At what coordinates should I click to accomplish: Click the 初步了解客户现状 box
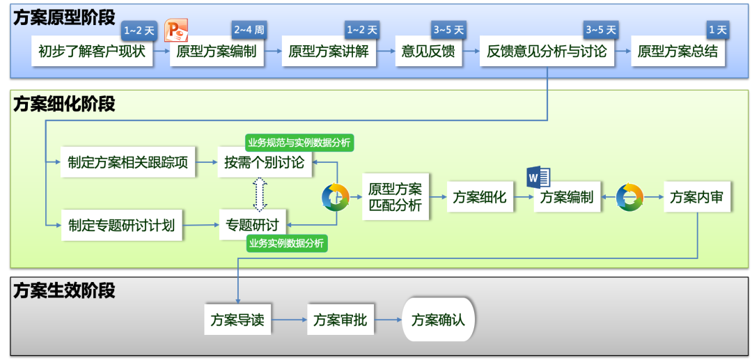[93, 52]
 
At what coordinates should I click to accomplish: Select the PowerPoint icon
[176, 31]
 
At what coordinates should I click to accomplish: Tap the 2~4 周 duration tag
[249, 31]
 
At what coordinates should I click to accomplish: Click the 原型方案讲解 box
[329, 52]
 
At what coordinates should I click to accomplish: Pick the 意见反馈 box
[428, 52]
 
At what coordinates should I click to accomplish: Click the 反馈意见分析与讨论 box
[547, 52]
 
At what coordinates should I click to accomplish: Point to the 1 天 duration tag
[717, 31]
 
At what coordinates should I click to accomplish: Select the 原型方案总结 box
[677, 52]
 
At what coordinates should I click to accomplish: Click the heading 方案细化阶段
[64, 104]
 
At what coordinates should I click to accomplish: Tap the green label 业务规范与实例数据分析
[299, 143]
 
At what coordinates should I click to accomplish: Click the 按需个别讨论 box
[265, 163]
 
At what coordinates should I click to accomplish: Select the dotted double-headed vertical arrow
[260, 194]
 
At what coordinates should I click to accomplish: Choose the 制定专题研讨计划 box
[122, 225]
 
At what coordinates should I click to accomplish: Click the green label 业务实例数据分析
[286, 243]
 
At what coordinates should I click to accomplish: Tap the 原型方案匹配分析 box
[395, 197]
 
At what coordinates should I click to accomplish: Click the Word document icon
[538, 177]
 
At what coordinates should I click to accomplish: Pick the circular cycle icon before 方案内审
[629, 197]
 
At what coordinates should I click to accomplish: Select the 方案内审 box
[696, 197]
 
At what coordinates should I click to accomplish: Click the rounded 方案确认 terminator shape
[438, 320]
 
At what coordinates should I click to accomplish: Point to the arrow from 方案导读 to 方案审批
[289, 320]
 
